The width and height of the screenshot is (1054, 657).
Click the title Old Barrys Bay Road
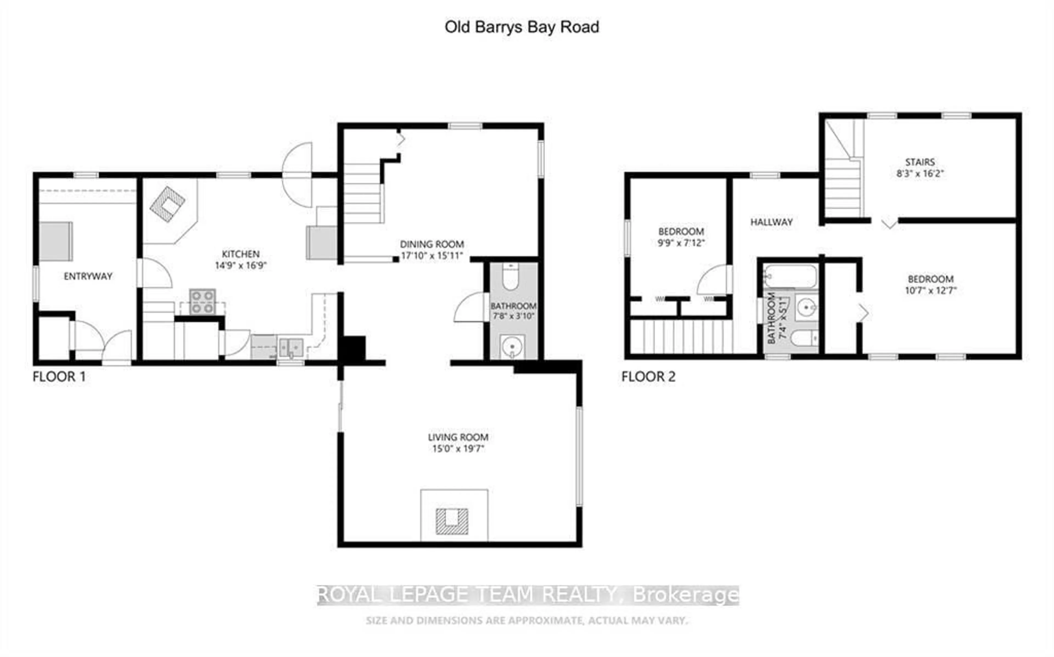tap(521, 27)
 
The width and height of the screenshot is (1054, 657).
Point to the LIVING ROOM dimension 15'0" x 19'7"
tap(458, 448)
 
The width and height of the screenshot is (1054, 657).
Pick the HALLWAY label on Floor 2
tap(771, 222)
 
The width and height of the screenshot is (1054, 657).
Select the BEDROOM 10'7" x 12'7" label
tap(930, 285)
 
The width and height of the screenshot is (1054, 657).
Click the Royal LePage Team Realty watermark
tap(528, 595)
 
